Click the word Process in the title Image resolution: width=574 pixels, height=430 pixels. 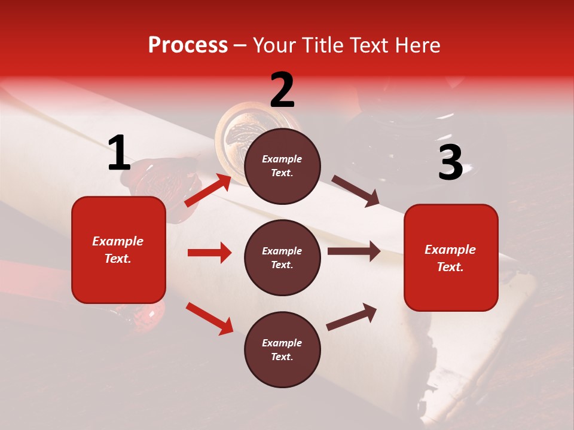[188, 45]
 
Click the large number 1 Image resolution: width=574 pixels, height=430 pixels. [119, 153]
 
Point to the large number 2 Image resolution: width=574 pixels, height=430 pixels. [282, 90]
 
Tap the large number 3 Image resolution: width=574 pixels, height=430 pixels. [450, 162]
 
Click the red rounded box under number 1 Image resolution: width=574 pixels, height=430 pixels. [118, 250]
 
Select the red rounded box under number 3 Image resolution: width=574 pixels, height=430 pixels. [451, 257]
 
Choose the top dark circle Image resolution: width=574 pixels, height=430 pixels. [282, 165]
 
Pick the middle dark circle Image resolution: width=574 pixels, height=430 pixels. [282, 257]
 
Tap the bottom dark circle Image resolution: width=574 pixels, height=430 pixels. [282, 349]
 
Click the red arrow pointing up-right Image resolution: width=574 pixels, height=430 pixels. [207, 191]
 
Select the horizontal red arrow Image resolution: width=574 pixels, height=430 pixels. [209, 253]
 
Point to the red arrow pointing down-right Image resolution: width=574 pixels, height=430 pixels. [209, 318]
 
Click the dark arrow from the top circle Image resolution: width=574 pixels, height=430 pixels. [355, 191]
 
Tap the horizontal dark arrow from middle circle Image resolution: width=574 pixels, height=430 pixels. [353, 251]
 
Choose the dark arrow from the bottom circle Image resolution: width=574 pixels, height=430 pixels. [352, 317]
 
